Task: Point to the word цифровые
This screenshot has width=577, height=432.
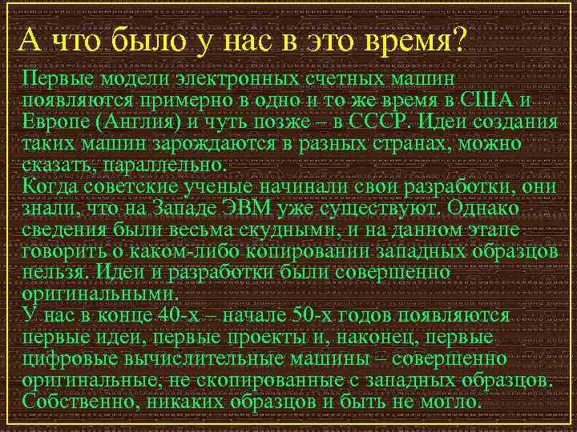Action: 66,358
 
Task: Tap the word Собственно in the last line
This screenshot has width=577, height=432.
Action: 74,401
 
